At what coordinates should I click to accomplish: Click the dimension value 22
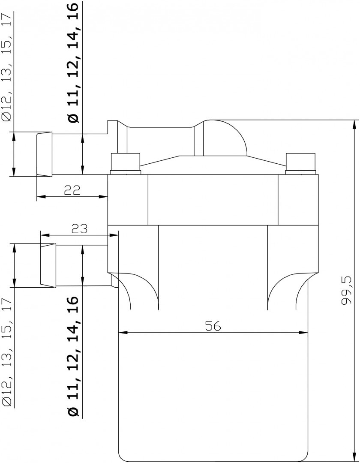click(72, 190)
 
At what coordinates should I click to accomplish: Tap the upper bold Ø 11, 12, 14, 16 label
click(74, 63)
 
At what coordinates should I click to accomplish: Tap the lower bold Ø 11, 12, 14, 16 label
click(74, 356)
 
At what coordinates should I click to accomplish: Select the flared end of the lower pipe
click(48, 265)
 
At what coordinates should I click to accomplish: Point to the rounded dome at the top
click(225, 137)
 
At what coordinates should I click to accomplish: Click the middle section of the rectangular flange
click(213, 200)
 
